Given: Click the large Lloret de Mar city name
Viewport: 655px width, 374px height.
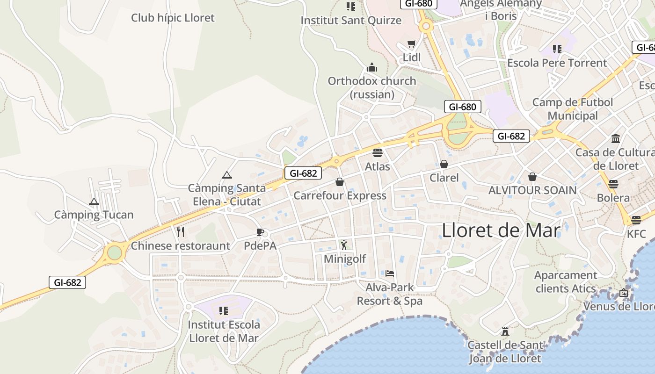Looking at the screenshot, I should pos(501,230).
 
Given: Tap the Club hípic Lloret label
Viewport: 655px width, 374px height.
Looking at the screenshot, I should pos(173,18).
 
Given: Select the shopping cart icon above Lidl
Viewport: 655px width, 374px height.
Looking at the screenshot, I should pos(411,44).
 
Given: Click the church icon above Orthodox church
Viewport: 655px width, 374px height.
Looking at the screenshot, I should pos(372,67).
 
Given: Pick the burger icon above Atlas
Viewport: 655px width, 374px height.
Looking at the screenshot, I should pos(378,153).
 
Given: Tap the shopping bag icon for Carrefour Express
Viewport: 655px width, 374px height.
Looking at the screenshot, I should pos(340,182).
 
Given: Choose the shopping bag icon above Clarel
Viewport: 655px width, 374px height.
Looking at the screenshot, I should pos(444,164).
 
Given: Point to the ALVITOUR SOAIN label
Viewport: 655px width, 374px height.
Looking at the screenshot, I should pos(532,190).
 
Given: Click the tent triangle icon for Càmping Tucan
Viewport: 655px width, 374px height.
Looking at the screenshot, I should pos(94,202).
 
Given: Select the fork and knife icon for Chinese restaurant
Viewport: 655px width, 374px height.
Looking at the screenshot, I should pos(181,232).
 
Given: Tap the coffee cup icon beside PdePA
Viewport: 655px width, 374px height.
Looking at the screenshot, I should pos(260,232).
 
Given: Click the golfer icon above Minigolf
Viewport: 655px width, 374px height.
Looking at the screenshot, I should pos(344,245).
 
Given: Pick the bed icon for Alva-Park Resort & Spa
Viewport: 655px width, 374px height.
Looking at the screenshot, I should pos(390,273).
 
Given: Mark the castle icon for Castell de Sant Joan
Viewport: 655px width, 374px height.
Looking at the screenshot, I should pos(505,331).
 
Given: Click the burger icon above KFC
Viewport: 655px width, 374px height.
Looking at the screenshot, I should pos(636,220).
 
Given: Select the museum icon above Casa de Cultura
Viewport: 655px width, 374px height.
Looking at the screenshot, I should pos(616,139).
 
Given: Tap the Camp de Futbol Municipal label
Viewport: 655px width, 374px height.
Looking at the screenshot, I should pos(573,109).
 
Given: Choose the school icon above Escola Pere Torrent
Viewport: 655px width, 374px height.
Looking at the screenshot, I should pos(557,49).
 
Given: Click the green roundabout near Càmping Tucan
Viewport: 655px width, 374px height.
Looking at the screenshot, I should pos(115,253).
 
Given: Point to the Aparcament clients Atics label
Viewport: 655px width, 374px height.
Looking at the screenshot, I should pos(566,282).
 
